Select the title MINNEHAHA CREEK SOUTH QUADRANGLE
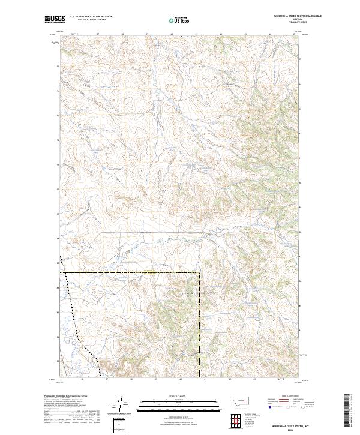pyautogui.click(x=289, y=16)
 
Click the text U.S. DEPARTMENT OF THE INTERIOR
pyautogui.click(x=91, y=17)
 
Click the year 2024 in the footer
pyautogui.click(x=289, y=428)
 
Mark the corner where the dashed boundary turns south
pyautogui.click(x=199, y=273)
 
